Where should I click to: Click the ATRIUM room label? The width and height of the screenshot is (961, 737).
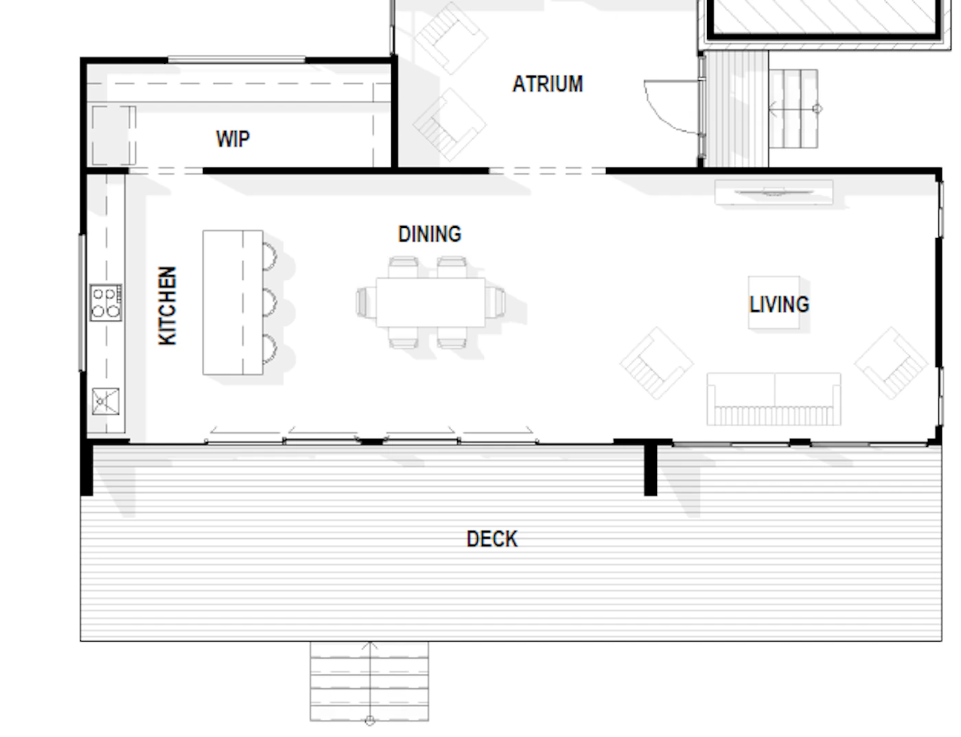[x=548, y=84]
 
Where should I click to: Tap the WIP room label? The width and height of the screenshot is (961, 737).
[x=233, y=139]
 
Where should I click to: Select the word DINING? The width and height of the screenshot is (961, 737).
[x=430, y=234]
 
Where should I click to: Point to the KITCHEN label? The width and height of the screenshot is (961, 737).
[x=167, y=305]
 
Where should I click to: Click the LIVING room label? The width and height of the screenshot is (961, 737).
[x=779, y=305]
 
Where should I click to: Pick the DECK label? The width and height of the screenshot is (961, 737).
[x=491, y=539]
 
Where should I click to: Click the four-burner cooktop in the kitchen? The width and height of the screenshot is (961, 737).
[x=106, y=303]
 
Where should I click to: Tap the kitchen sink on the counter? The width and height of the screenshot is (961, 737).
[x=106, y=401]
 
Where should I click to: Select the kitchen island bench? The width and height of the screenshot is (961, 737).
[x=233, y=303]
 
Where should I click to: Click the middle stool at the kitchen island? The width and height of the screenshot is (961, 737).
[x=270, y=303]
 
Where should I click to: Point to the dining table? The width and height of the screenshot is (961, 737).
[x=430, y=303]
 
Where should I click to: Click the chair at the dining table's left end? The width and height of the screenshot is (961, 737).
[x=366, y=303]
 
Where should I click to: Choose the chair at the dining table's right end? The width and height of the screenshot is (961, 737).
[x=495, y=303]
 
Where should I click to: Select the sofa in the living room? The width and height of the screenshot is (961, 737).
[x=774, y=399]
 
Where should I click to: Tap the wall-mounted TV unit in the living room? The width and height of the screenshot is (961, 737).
[x=774, y=192]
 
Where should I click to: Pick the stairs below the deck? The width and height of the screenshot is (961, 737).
[x=369, y=681]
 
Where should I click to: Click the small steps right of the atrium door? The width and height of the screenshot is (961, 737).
[x=794, y=108]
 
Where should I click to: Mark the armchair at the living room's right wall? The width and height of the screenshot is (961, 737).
[x=891, y=364]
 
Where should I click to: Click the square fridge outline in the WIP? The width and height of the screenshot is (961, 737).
[x=114, y=135]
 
